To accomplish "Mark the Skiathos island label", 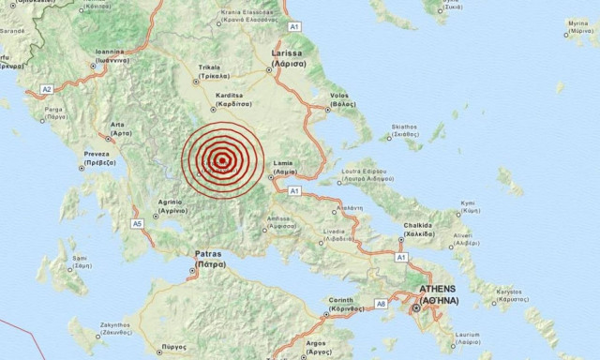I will (404, 129).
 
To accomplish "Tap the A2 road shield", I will (46, 89).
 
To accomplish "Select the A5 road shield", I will (137, 224).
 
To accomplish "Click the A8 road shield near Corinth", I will (382, 304).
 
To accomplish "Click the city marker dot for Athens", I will (416, 307).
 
